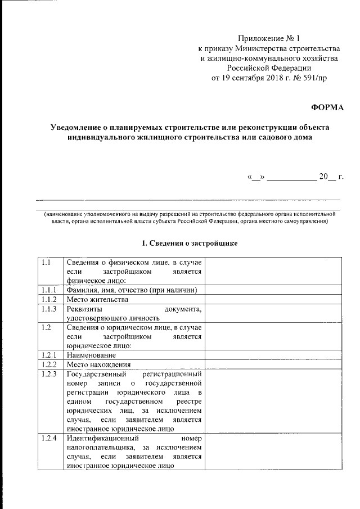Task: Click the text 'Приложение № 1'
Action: click(x=269, y=39)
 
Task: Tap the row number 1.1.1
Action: click(x=48, y=290)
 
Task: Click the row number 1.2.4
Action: click(x=48, y=438)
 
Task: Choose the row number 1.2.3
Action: click(x=48, y=375)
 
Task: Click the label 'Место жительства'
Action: click(x=93, y=300)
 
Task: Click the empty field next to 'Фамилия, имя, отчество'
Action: click(x=272, y=290)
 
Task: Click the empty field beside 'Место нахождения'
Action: click(x=272, y=364)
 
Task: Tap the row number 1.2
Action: click(x=47, y=327)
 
